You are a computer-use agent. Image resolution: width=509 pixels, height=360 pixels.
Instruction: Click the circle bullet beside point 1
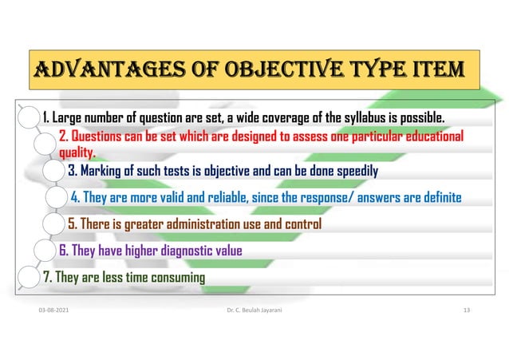(30, 120)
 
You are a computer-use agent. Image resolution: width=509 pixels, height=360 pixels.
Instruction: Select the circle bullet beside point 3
(53, 171)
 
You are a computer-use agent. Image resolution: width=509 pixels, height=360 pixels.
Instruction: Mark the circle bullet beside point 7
(30, 278)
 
